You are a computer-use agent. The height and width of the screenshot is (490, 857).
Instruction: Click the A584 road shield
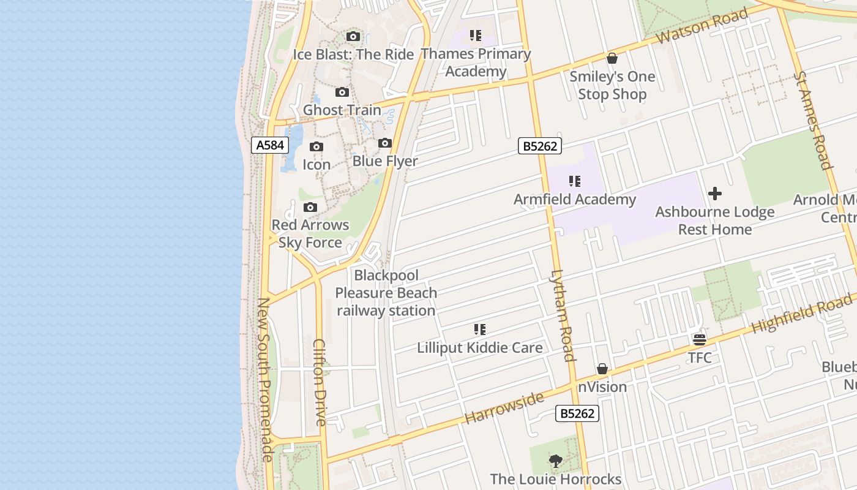270,145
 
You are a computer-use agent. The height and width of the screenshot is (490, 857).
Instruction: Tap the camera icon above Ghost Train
342,92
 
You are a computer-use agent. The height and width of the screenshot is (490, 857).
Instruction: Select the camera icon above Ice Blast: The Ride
353,37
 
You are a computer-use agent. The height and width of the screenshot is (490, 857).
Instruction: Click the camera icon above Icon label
316,147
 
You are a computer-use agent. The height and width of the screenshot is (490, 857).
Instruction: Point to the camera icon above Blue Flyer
385,143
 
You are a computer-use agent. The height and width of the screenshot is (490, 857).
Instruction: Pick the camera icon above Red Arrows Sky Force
310,208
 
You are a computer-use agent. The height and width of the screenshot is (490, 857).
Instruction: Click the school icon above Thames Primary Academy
476,36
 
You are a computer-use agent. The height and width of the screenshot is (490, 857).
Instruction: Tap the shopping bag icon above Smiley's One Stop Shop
612,59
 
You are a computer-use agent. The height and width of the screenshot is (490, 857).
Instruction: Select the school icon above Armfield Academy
574,181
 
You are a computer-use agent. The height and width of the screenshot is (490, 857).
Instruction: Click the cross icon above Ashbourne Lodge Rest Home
714,194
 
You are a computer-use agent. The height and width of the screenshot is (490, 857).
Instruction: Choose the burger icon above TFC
700,339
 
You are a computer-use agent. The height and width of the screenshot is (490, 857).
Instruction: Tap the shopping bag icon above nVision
602,369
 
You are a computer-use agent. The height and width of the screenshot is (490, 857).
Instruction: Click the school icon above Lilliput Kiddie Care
480,330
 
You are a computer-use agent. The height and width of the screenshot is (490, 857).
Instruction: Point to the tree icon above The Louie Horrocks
556,461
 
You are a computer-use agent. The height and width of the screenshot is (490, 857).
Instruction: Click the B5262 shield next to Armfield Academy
539,146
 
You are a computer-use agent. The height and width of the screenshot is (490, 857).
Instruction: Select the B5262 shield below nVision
577,413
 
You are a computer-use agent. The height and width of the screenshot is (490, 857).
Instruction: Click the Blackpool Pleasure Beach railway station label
386,293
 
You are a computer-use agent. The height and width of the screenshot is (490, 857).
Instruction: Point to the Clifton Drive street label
320,382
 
